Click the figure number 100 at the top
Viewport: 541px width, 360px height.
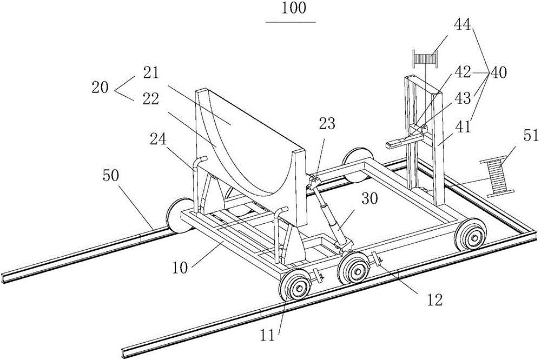[x=290, y=9]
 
